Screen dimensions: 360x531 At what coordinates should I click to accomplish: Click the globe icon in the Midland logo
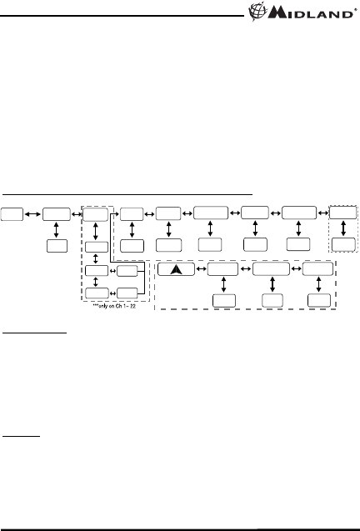[x=257, y=12]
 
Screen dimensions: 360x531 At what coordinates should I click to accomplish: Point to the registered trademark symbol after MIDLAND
[x=355, y=10]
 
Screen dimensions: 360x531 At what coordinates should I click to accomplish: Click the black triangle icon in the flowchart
[x=176, y=269]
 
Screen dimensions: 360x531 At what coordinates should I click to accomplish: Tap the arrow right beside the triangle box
[x=201, y=269]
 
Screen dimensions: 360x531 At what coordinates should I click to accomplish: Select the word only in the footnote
[x=104, y=306]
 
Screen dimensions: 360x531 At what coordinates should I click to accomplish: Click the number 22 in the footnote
[x=132, y=306]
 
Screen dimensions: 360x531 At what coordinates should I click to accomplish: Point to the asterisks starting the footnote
[x=96, y=305]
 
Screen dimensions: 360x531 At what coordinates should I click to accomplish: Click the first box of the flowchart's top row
[x=12, y=214]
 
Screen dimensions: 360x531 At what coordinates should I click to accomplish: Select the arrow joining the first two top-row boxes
[x=32, y=214]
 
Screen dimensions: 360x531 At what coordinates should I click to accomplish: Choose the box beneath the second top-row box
[x=57, y=246]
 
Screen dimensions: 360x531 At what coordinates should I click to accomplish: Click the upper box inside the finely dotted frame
[x=342, y=213]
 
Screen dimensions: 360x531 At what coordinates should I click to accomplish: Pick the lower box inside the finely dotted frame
[x=343, y=244]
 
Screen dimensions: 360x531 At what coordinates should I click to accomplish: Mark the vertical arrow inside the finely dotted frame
[x=343, y=228]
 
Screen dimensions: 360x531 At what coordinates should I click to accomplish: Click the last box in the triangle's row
[x=317, y=269]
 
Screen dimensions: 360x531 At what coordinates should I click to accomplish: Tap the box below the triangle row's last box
[x=319, y=300]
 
